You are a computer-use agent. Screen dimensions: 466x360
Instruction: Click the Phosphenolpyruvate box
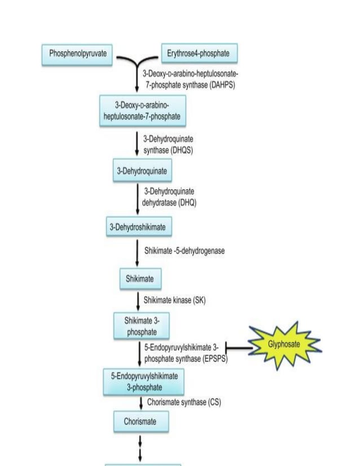click(x=78, y=54)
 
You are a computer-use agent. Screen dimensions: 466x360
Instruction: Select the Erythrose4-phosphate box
click(x=199, y=54)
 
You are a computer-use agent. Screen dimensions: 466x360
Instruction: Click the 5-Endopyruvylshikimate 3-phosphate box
click(x=143, y=382)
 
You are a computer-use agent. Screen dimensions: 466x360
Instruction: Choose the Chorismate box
click(x=140, y=421)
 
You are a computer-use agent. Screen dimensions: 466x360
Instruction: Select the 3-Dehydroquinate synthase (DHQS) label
click(x=169, y=144)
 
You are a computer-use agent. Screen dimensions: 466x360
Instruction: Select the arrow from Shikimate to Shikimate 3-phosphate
click(x=138, y=300)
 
